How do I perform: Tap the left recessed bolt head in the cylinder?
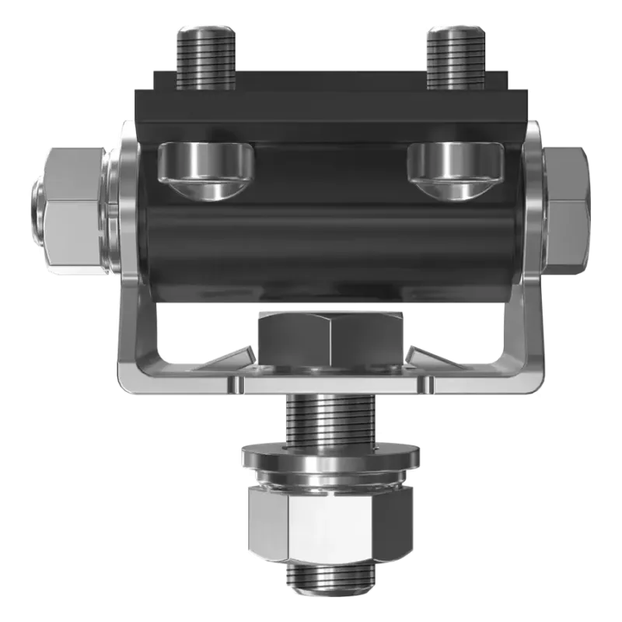pyautogui.click(x=206, y=167)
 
